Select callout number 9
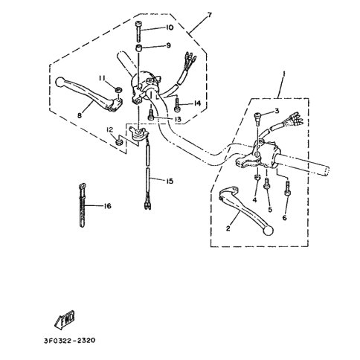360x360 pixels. (168, 45)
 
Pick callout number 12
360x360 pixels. (110, 131)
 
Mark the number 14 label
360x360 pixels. (197, 104)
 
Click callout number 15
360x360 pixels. (170, 180)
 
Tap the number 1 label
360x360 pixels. (283, 74)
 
